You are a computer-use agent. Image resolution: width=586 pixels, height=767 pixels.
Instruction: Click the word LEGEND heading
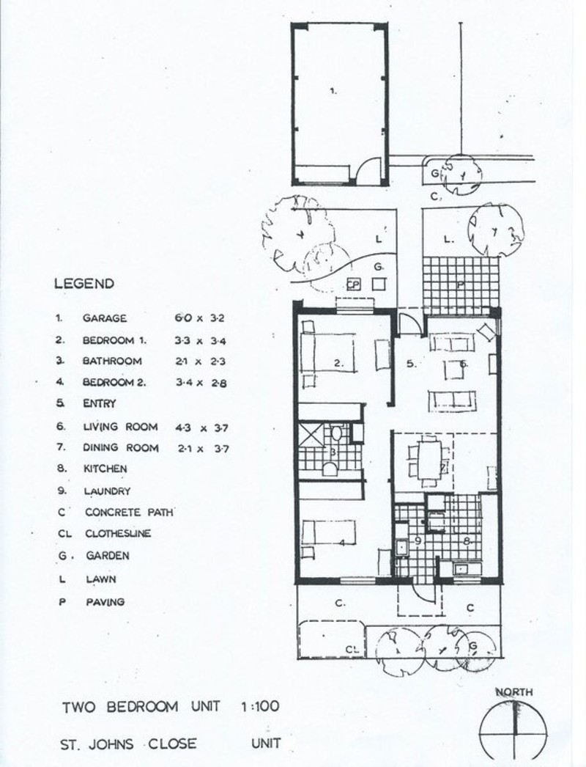[x=84, y=284]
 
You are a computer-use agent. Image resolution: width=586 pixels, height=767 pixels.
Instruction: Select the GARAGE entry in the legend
[x=105, y=318]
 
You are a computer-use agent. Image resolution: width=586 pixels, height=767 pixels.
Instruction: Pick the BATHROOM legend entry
[x=112, y=361]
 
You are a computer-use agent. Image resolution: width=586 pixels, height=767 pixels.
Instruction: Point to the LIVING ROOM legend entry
[x=120, y=427]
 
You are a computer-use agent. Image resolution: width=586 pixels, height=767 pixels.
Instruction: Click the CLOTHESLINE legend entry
[x=118, y=533]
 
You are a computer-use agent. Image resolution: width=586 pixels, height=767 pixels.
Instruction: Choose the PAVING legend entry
[x=105, y=602]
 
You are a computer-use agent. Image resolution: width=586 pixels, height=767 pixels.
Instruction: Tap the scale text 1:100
[x=260, y=706]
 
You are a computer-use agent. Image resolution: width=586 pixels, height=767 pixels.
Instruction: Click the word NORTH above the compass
[x=514, y=692]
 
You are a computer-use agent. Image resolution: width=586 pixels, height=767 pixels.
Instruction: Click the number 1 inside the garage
[x=333, y=90]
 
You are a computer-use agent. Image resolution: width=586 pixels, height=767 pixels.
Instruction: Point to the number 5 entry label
[x=411, y=364]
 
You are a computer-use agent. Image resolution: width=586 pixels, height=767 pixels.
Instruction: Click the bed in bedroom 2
[x=328, y=532]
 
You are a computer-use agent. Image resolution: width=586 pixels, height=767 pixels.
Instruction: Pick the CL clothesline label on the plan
[x=352, y=649]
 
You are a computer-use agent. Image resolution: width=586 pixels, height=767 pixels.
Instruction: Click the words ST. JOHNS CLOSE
[x=128, y=744]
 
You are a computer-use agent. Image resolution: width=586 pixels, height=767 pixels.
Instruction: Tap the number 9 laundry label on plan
[x=418, y=540]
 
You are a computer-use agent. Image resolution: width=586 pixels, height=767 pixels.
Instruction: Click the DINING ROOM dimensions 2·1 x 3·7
[x=203, y=448]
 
